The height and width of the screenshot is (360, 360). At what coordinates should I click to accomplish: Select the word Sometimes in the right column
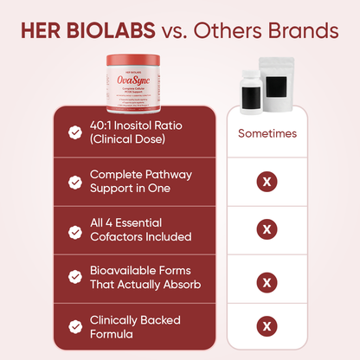(268, 134)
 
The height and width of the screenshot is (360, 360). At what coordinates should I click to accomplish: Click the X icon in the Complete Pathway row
(268, 183)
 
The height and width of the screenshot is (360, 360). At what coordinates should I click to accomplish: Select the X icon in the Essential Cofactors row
(268, 229)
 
